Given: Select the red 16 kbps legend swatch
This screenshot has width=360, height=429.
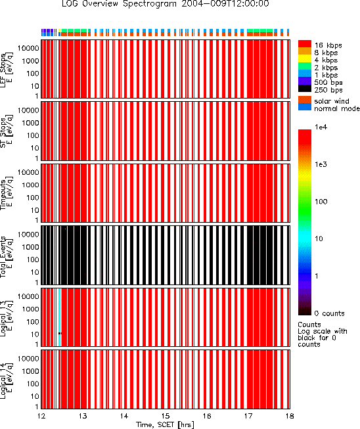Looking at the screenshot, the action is (305, 44).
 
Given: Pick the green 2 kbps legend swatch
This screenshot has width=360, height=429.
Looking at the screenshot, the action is (305, 66).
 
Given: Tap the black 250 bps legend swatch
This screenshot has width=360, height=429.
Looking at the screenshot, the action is (305, 89).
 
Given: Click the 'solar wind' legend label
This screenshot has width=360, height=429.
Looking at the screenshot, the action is (332, 101).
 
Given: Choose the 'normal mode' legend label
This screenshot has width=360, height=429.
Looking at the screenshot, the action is (337, 108).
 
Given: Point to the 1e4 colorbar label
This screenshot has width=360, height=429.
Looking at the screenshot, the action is (321, 127).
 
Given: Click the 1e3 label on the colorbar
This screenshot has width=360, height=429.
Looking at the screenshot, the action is (321, 164).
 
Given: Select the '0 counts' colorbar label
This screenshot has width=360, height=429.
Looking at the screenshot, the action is (329, 313).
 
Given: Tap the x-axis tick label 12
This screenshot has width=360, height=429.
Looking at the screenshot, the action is (41, 416).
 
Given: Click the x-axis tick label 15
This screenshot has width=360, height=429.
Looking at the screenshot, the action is (166, 416).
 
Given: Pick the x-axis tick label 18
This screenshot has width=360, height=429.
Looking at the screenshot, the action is (290, 416).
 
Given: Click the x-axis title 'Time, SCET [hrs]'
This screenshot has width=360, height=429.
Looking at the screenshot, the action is (166, 425).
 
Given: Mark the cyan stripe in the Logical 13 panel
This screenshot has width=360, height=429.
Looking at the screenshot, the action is (60, 317).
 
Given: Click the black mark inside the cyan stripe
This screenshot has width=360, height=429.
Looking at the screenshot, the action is (60, 333).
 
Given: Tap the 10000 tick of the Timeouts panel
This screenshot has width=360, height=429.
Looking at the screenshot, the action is (28, 172).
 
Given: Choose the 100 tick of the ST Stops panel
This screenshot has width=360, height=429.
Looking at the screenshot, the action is (33, 135).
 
